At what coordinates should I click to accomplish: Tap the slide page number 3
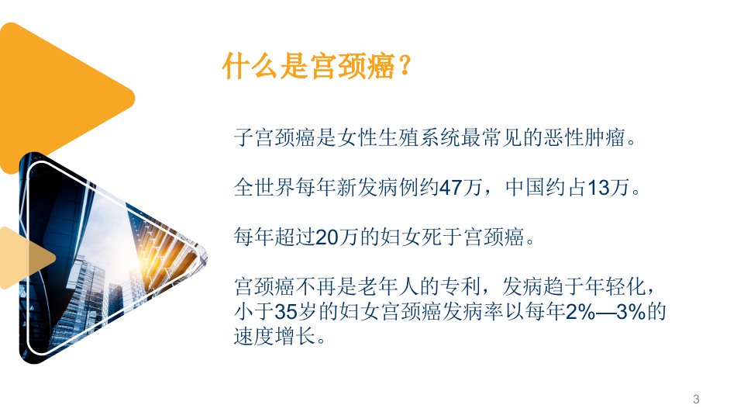pos(696,399)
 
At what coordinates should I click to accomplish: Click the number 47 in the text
pos(450,187)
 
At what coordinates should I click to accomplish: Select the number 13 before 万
pos(598,187)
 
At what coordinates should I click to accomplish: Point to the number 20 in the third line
pos(326,237)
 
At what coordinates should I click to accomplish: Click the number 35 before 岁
pos(286,312)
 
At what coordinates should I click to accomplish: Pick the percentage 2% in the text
pos(581,312)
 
